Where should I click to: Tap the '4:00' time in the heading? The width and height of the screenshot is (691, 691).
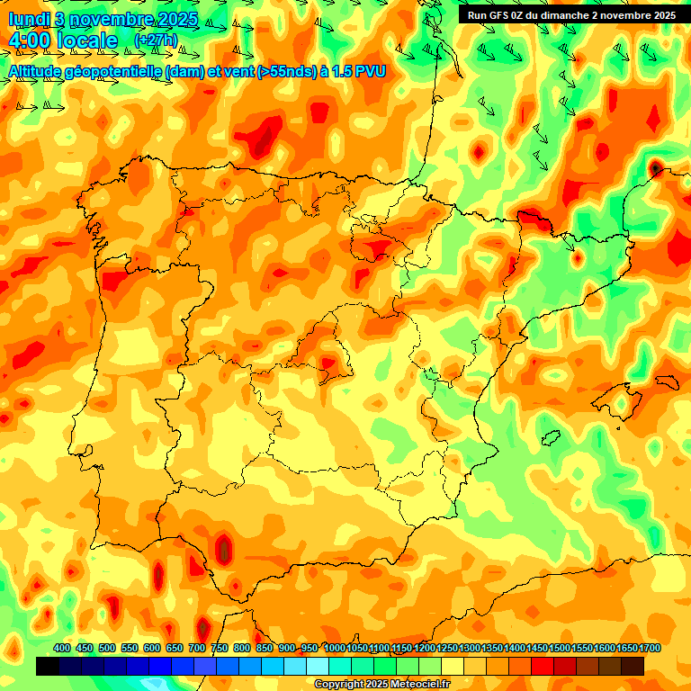tap(30, 40)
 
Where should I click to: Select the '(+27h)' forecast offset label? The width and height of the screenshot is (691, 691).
tap(156, 40)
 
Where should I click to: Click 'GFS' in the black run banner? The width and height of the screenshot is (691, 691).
tap(502, 15)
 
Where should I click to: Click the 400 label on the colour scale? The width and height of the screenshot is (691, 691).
tap(62, 649)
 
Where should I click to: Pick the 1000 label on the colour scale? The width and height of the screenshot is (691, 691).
tap(335, 649)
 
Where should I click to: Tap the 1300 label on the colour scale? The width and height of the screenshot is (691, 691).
tap(470, 649)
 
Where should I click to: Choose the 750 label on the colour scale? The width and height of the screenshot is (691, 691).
tap(220, 649)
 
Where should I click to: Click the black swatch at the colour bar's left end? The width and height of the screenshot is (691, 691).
tap(48, 667)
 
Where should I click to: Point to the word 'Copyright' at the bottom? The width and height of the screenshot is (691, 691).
tap(340, 685)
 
